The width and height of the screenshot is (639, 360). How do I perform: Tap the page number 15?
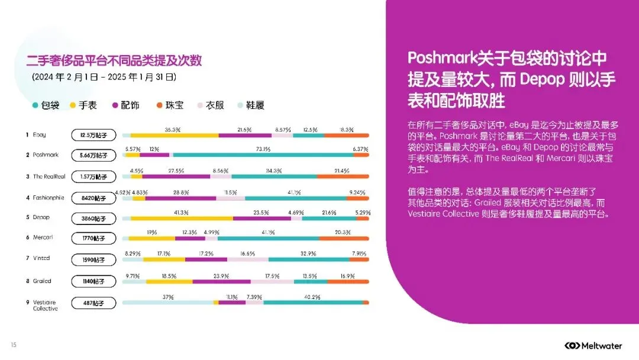pyautogui.click(x=14, y=345)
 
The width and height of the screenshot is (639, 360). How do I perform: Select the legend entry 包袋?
pyautogui.click(x=46, y=105)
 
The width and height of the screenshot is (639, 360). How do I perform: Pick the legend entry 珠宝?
pyautogui.click(x=169, y=105)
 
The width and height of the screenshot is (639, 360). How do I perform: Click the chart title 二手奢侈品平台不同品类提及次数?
pyautogui.click(x=114, y=60)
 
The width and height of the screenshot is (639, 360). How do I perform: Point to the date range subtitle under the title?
pyautogui.click(x=104, y=78)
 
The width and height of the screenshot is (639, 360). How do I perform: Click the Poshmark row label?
pyautogui.click(x=46, y=155)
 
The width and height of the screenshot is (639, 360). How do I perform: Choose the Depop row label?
pyautogui.click(x=42, y=217)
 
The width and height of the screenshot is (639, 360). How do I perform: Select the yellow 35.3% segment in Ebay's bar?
pyautogui.click(x=174, y=136)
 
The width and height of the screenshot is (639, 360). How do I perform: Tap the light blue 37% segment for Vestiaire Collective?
pyautogui.click(x=167, y=303)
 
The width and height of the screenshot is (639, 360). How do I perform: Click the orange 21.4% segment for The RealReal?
pyautogui.click(x=343, y=176)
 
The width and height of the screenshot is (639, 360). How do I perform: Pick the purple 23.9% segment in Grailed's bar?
pyautogui.click(x=221, y=281)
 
